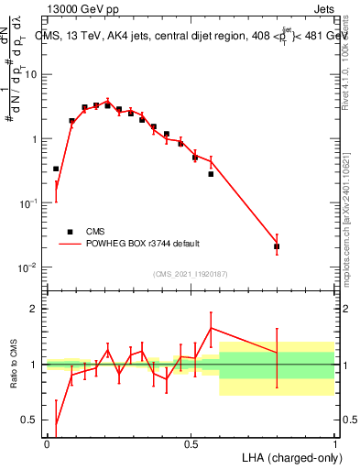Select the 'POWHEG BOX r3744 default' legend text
143,244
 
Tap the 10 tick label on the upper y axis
33,75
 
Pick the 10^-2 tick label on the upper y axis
30,267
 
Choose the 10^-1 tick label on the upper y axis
30,203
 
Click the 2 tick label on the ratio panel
36,309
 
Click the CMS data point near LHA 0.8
277,246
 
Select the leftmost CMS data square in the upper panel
56,169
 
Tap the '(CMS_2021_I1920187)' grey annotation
191,273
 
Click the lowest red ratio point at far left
56,424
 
